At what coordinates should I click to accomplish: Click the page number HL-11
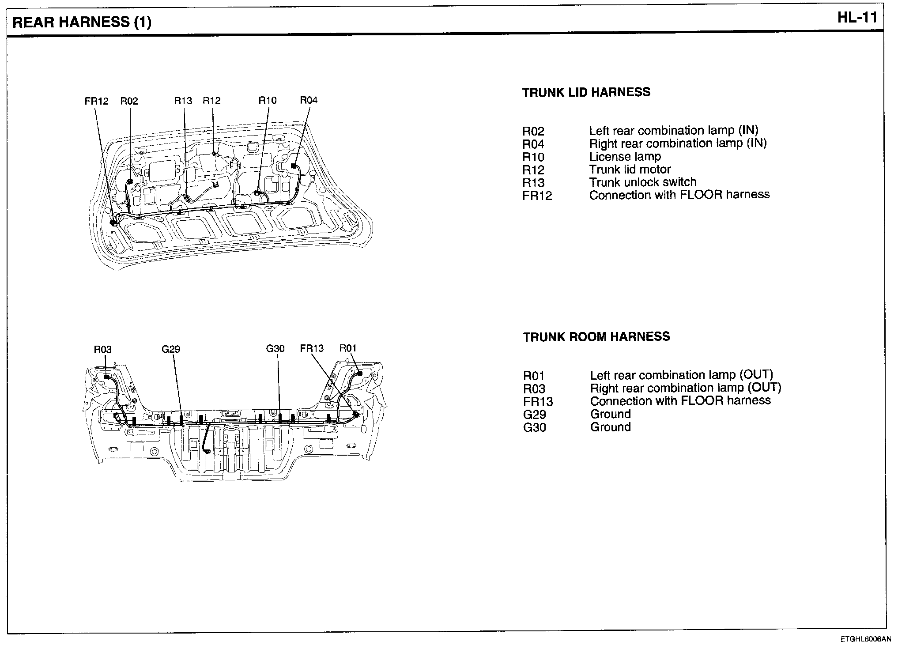(x=857, y=19)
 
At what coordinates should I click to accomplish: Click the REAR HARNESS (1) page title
(x=82, y=23)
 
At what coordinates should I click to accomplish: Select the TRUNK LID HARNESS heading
(x=586, y=92)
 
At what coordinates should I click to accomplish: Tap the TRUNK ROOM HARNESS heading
(x=596, y=337)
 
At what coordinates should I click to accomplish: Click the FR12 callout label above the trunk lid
(x=96, y=101)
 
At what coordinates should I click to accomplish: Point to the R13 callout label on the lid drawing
(x=183, y=101)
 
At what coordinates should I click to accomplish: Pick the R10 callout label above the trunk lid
(x=267, y=100)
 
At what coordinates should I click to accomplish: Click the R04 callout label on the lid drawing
(x=308, y=100)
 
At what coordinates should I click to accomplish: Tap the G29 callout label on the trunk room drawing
(x=170, y=349)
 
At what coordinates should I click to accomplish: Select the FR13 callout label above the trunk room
(x=312, y=348)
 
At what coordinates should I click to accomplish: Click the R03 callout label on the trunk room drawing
(x=102, y=349)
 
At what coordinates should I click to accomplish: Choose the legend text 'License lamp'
(x=625, y=157)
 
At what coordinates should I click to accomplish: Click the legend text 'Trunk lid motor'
(x=630, y=170)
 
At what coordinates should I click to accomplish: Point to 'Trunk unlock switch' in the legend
(x=642, y=182)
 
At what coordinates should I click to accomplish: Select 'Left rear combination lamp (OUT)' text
(x=681, y=375)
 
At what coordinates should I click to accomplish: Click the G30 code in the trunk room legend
(x=534, y=427)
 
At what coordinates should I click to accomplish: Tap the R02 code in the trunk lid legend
(x=533, y=132)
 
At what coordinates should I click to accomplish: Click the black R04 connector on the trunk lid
(x=293, y=166)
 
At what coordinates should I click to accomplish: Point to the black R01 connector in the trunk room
(x=359, y=373)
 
